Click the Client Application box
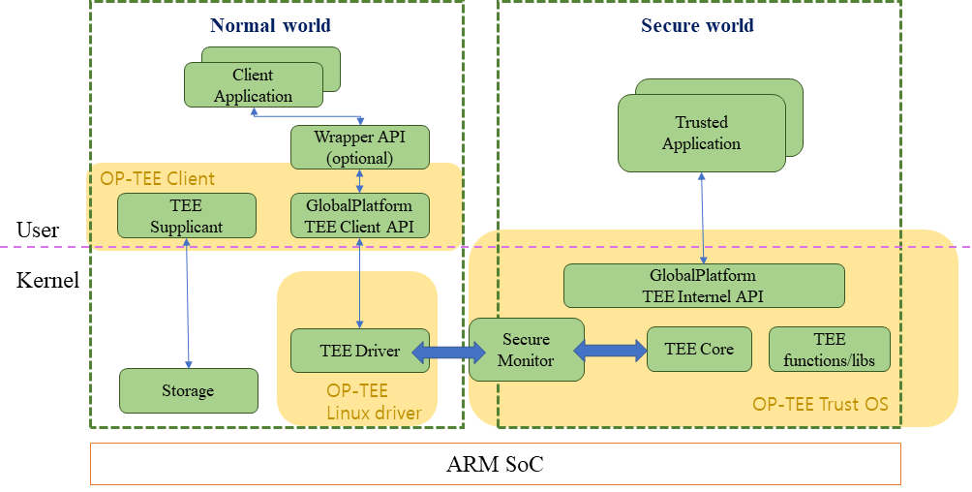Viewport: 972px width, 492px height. click(x=253, y=85)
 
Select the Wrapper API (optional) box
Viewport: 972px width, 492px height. click(x=360, y=147)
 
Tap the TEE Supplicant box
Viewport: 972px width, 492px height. click(x=186, y=216)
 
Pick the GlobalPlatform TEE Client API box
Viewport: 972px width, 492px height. click(x=359, y=216)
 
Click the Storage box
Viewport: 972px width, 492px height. click(x=188, y=391)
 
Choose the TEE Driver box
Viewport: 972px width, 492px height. click(x=359, y=351)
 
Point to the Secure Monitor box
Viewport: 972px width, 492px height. click(x=526, y=350)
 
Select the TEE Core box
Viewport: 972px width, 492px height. click(x=699, y=349)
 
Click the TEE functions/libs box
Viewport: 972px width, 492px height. click(x=829, y=350)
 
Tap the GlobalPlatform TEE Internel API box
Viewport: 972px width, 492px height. click(x=704, y=286)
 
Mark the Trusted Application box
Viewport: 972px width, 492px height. click(x=701, y=134)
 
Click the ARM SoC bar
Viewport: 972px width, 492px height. click(x=495, y=464)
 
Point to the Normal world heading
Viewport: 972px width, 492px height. click(x=270, y=25)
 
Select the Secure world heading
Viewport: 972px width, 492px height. click(x=697, y=25)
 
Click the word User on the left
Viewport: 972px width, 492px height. click(x=38, y=230)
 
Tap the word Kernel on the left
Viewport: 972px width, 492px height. click(x=47, y=281)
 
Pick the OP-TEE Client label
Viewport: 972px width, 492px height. click(x=158, y=178)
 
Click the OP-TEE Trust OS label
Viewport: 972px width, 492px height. click(x=820, y=403)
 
